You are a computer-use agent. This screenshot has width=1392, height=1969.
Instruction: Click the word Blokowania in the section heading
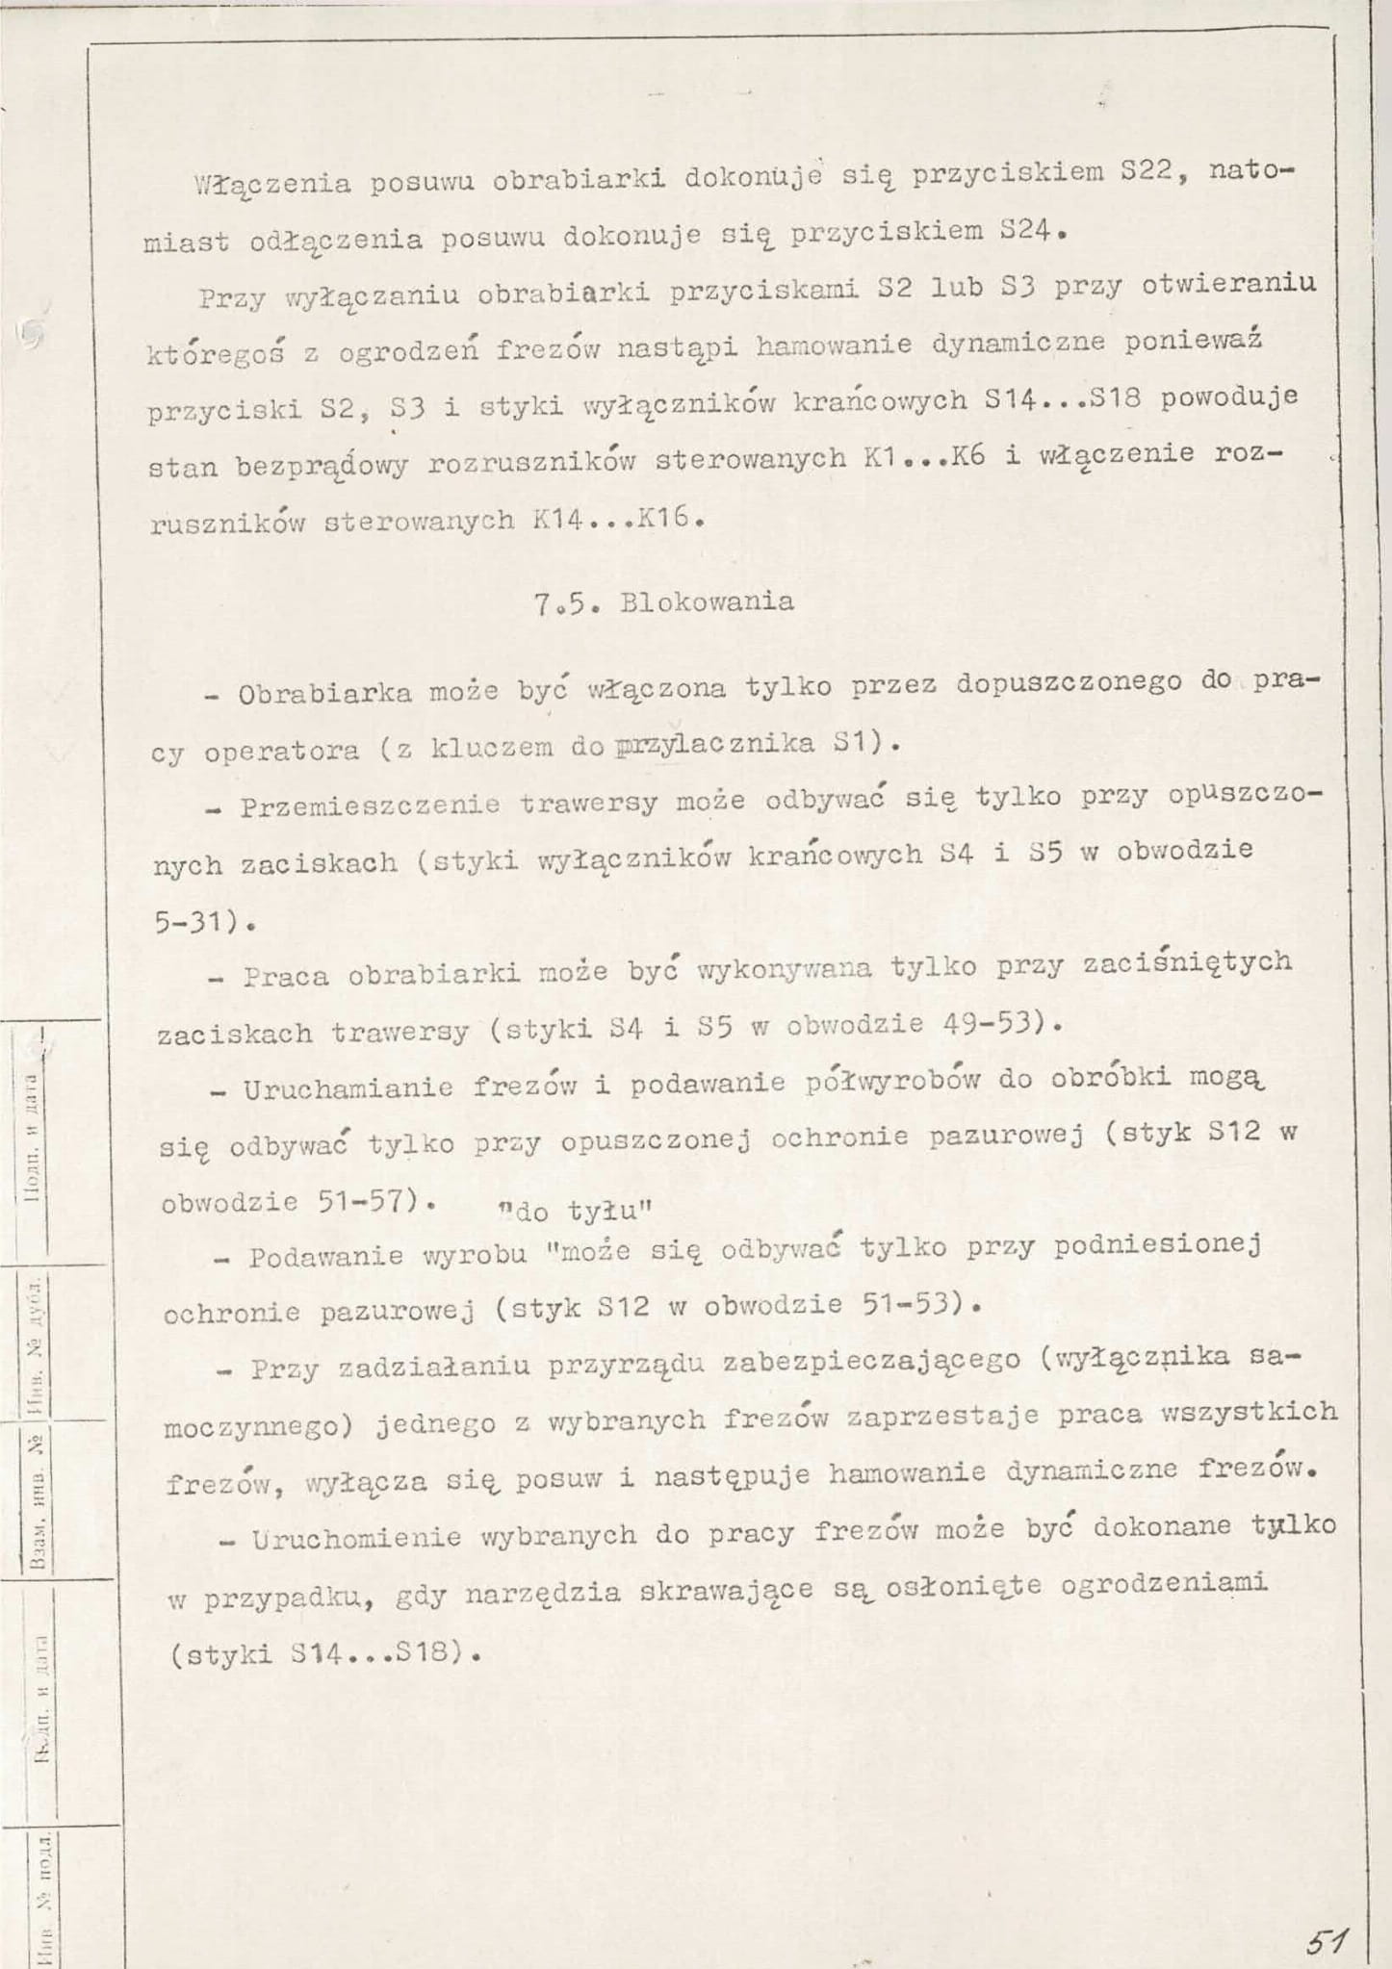[x=708, y=602]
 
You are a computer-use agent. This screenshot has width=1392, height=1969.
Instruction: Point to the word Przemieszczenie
[x=370, y=805]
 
